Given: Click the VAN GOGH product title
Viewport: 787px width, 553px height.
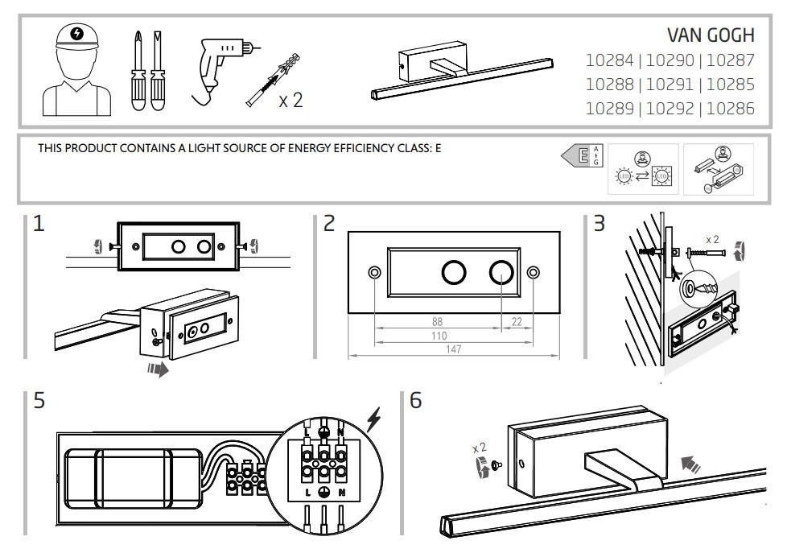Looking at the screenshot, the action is click(711, 35).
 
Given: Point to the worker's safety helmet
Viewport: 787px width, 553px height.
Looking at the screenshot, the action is click(76, 38).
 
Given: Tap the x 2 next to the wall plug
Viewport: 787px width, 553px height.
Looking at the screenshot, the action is click(290, 101).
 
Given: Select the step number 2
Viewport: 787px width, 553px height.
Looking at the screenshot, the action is click(328, 224).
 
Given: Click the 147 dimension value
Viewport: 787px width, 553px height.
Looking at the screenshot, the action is click(455, 349).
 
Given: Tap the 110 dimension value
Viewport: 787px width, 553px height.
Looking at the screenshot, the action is click(439, 335).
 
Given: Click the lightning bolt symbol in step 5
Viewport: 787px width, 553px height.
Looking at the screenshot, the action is click(373, 419).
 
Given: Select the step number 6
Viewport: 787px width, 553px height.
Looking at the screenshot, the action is click(416, 400).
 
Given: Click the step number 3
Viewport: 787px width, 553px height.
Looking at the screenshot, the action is click(598, 224).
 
